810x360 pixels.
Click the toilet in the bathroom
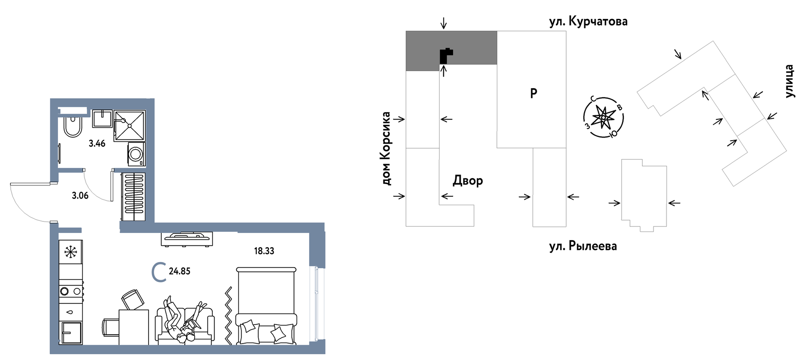click(x=73, y=127)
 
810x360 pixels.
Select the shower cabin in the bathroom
click(x=130, y=126)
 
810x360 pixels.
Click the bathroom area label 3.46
click(x=97, y=144)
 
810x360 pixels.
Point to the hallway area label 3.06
click(x=80, y=196)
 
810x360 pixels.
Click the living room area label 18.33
click(x=264, y=251)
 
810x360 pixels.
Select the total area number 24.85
click(x=179, y=271)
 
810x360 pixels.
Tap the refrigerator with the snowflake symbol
click(x=71, y=252)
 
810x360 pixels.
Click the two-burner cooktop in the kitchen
click(x=71, y=291)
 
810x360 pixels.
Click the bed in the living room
click(x=266, y=306)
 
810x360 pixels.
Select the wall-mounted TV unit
click(x=187, y=239)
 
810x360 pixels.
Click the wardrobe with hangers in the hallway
click(x=133, y=197)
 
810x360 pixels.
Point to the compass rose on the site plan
click(x=603, y=117)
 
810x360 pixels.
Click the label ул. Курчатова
click(x=588, y=22)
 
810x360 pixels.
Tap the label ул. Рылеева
click(x=583, y=246)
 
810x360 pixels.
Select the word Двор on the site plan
click(x=468, y=181)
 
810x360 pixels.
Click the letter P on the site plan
click(x=533, y=93)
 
